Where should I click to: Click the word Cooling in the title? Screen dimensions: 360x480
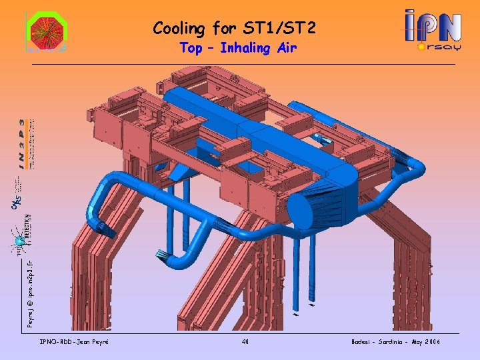[x=178, y=29]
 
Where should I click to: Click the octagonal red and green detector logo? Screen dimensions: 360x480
[x=45, y=31]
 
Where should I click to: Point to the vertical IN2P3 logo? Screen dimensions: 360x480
[x=25, y=144]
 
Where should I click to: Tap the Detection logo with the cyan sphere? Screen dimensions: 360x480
[x=20, y=233]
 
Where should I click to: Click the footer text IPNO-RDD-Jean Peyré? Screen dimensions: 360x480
[x=75, y=342]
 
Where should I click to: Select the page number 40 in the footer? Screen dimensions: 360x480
[x=245, y=342]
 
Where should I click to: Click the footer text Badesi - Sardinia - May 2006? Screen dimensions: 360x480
[x=395, y=342]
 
